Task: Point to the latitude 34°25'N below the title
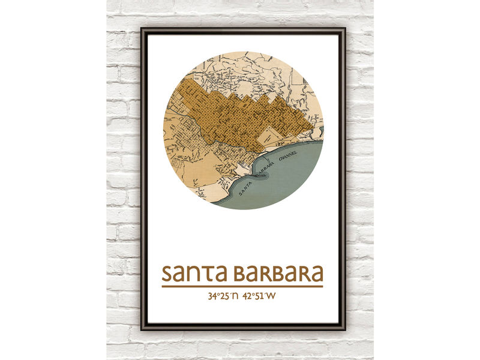coord(223,296)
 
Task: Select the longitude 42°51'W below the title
coord(259,296)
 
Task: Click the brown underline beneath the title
coord(242,286)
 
